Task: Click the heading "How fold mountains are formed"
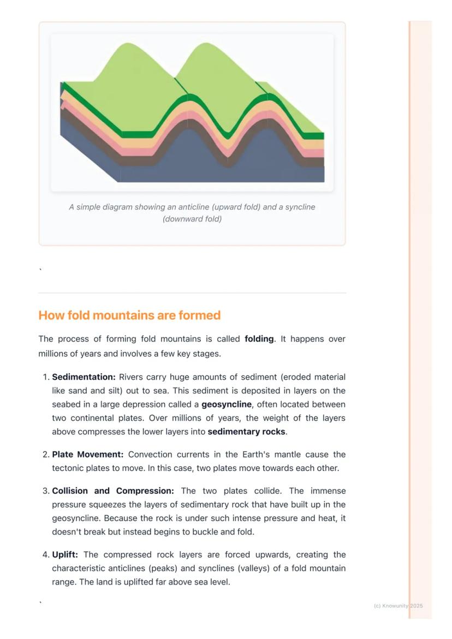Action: pos(129,315)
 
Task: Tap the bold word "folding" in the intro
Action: pos(259,339)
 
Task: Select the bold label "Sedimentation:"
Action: pos(84,377)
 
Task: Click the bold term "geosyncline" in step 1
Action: pos(227,404)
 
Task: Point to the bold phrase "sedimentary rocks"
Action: pos(246,432)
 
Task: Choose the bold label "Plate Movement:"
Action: pos(88,455)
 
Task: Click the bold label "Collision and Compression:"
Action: pos(113,491)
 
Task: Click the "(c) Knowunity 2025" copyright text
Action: pos(398,606)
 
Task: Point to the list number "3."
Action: pos(46,491)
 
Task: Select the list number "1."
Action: pos(46,377)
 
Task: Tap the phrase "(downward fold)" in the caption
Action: pos(192,219)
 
